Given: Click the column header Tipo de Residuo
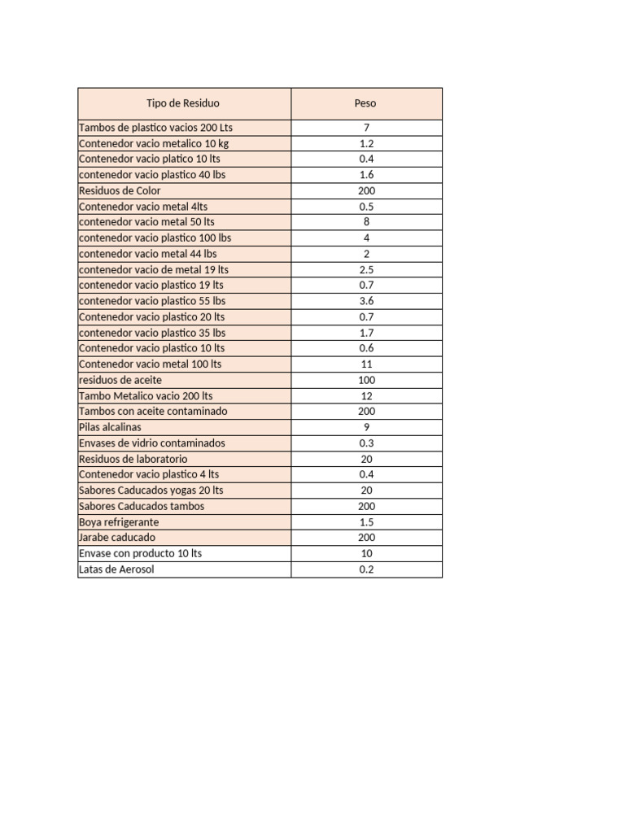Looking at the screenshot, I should point(183,103).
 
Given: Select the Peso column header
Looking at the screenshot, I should point(365,103).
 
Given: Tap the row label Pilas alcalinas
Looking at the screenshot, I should point(110,427).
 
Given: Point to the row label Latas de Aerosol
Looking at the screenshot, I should point(116,569).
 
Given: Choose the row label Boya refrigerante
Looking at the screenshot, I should point(119,522).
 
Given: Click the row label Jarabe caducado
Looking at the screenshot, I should point(117,538).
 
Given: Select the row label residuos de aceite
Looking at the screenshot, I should point(120,380).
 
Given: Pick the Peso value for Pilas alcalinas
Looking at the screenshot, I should point(366,427).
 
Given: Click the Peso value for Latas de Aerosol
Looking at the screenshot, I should point(366,569).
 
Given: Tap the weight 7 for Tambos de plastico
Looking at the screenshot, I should point(366,128).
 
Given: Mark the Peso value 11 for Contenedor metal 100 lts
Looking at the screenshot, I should point(366,364).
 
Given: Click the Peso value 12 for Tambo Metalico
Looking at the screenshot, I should point(366,396).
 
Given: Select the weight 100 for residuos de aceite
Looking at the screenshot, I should point(366,380).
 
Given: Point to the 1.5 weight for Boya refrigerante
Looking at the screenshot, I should point(366,522).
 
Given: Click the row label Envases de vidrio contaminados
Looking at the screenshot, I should point(152,443).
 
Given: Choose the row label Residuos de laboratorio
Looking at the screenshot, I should point(133,459).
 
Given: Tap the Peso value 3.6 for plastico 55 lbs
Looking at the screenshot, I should point(366,301).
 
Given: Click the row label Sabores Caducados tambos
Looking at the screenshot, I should point(142,506).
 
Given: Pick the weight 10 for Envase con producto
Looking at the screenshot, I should point(366,554).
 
